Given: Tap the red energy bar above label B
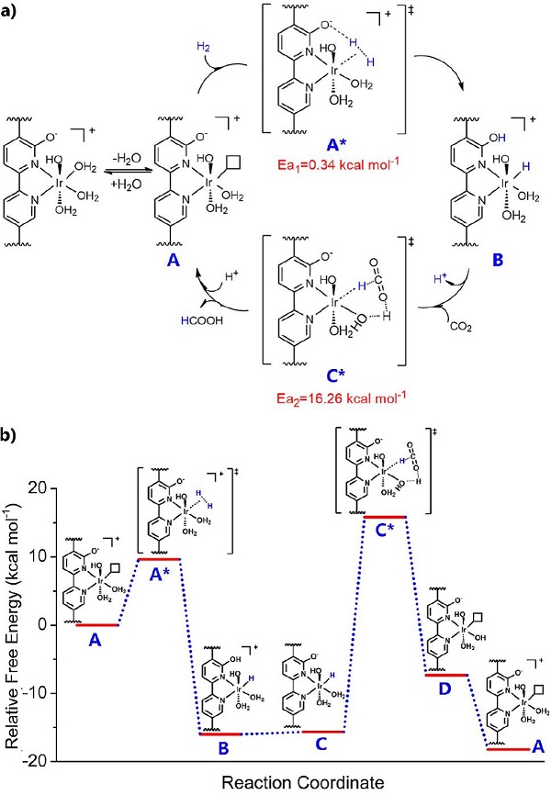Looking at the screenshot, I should pos(221,733).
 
